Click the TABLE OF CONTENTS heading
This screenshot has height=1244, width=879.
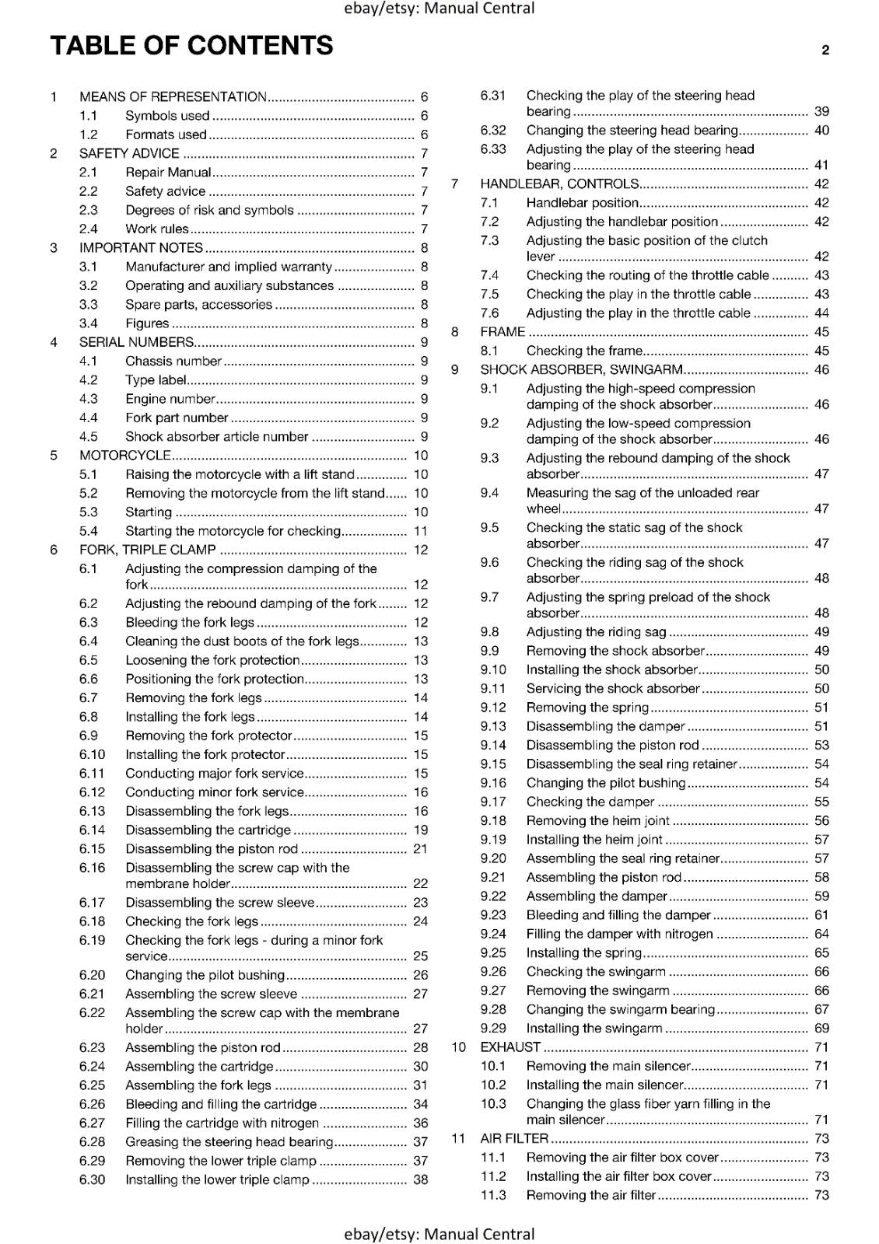coord(191,46)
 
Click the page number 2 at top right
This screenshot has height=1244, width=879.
coord(825,51)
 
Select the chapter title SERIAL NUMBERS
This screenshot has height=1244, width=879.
coord(136,342)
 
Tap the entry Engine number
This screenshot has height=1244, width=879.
coord(170,399)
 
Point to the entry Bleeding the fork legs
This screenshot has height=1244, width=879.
coord(189,622)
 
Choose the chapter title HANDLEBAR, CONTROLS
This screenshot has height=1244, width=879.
coord(559,183)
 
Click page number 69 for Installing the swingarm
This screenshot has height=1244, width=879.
coord(821,1028)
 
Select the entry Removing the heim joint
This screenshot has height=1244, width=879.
coord(597,820)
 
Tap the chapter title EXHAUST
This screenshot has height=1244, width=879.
coord(510,1047)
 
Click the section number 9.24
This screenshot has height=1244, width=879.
coord(493,934)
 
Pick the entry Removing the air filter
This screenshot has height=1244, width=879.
coord(590,1195)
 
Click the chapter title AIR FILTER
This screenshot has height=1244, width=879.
coord(514,1138)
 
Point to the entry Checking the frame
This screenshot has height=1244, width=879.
coord(583,351)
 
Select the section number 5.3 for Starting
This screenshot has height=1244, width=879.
coord(89,512)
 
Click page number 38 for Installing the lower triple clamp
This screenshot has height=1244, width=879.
coord(420,1179)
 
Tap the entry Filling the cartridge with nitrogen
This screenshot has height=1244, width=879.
coord(222,1123)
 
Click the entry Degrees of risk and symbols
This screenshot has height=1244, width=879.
coord(209,210)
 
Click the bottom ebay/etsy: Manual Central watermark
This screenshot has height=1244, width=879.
coord(439,1234)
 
